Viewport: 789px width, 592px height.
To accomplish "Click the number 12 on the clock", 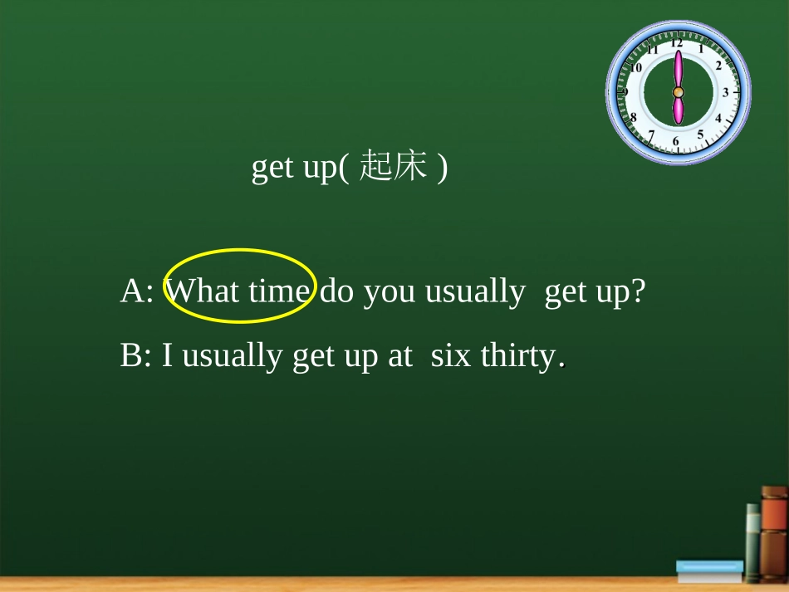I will (677, 42).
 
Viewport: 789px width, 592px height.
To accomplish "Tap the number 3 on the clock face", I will (725, 92).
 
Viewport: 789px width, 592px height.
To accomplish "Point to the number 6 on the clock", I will (676, 142).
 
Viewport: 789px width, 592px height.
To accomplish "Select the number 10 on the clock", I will (636, 66).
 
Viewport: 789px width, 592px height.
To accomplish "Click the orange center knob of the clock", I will (678, 91).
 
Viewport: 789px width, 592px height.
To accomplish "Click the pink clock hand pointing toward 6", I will (678, 110).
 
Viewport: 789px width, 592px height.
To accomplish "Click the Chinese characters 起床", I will (394, 168).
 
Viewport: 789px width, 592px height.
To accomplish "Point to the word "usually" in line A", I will (474, 292).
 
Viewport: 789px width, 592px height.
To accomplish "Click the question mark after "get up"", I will (638, 291).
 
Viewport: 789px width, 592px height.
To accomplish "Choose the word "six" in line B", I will (450, 356).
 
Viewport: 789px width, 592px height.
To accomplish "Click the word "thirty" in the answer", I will (519, 357).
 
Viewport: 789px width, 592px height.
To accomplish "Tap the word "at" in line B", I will (399, 357).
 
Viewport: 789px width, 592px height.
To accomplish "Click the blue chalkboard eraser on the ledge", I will (709, 570).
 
